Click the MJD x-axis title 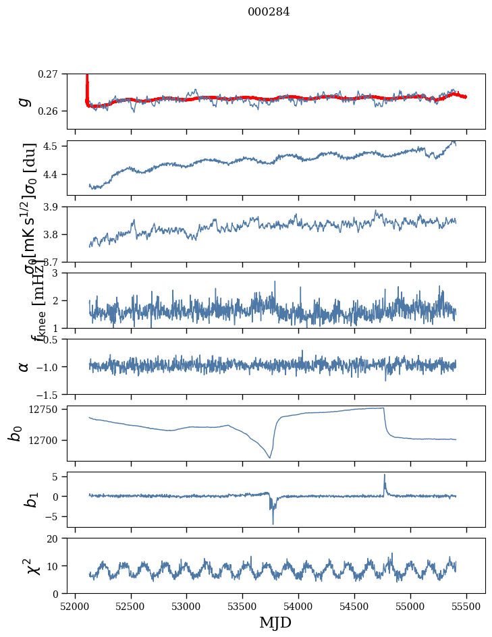click(x=275, y=623)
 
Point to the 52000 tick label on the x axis click(x=75, y=606)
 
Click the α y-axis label click(x=24, y=366)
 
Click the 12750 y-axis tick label click(x=45, y=410)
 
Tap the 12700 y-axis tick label click(x=45, y=440)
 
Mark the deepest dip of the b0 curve click(x=269, y=458)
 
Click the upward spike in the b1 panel click(x=385, y=474)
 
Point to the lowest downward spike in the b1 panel click(x=273, y=524)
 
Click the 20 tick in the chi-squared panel click(x=55, y=538)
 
